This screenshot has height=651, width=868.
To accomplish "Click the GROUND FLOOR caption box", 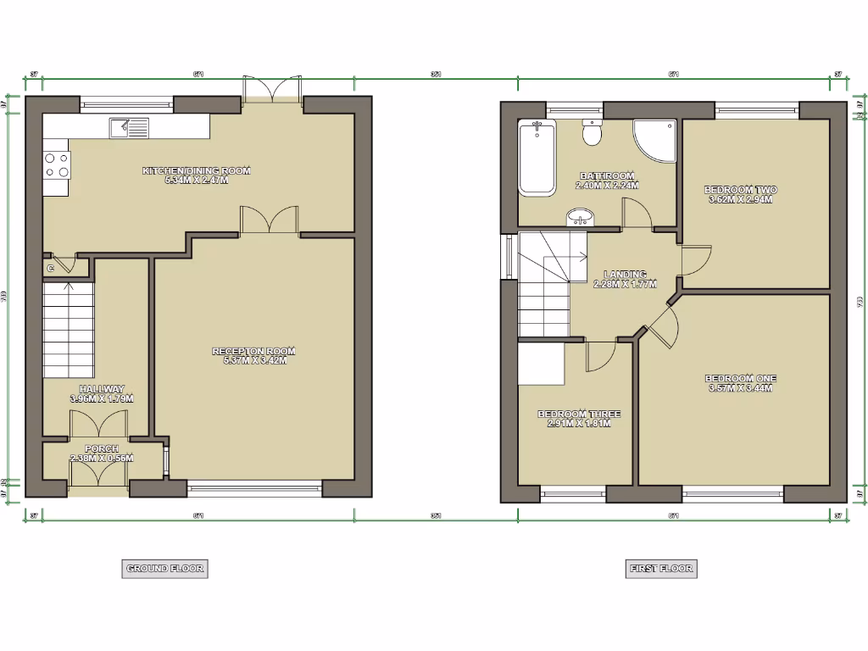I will click(x=164, y=569).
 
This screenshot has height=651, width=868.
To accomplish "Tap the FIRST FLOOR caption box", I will click(x=661, y=569).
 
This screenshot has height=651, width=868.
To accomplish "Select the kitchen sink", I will click(x=128, y=128).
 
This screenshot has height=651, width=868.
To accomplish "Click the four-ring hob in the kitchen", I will click(x=57, y=164).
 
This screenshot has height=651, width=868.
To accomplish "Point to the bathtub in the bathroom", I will click(x=536, y=158).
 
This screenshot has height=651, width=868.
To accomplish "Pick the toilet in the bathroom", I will click(x=592, y=133).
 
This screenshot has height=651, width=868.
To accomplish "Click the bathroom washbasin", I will click(x=580, y=220).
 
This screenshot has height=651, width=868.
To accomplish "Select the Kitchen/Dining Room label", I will click(x=197, y=175).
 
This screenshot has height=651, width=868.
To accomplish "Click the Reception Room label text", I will click(x=254, y=355).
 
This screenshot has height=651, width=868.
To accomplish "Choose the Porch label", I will click(x=101, y=453).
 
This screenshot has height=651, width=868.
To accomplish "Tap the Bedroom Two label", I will click(x=741, y=195).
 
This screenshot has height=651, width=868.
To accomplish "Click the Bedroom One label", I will click(x=741, y=383).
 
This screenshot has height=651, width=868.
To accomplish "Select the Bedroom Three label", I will click(x=579, y=419).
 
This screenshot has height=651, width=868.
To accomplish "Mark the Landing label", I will click(x=626, y=279).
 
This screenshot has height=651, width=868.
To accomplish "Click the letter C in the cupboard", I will click(x=51, y=269).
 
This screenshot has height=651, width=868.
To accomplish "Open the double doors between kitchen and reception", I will click(x=270, y=220).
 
